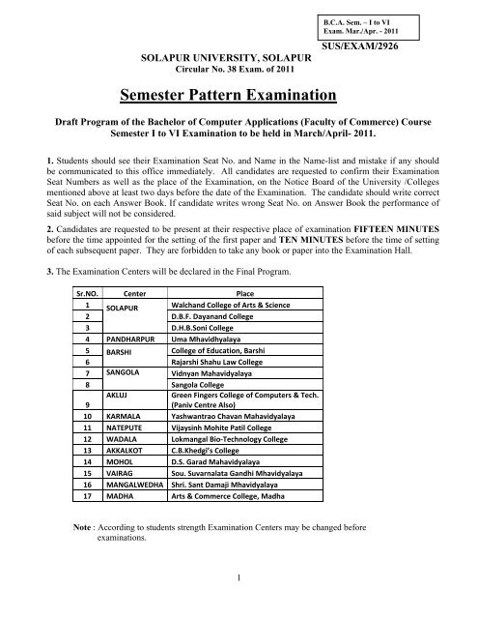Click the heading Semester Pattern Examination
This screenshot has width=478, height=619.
tap(239, 95)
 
